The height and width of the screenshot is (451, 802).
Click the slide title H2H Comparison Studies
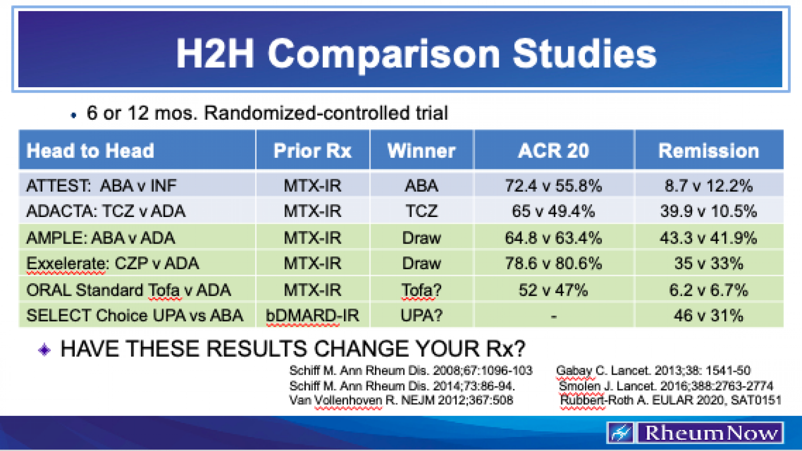pos(416,54)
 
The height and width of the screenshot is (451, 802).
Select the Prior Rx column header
pos(312,151)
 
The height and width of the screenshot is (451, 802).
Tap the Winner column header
pos(421,151)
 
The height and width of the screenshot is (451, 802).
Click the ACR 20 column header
pos(553,151)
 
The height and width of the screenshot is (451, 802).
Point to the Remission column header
pos(708,151)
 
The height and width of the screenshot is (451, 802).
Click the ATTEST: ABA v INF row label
pos(101,186)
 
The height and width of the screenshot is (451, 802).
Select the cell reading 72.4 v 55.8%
pos(553,186)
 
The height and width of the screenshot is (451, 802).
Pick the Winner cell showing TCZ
pos(421,211)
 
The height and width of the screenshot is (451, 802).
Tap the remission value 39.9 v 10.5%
pos(708,211)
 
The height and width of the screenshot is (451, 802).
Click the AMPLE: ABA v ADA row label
pos(101,238)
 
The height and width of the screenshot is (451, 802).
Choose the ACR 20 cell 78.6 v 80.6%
pos(553,263)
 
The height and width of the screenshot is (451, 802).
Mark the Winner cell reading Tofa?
pos(421,290)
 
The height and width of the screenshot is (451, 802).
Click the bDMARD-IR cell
pos(312,316)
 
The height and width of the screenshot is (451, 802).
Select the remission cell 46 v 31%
pos(708,316)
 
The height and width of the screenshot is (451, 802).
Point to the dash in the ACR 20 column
pos(553,317)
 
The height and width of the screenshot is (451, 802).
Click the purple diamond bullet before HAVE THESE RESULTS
pos(44,349)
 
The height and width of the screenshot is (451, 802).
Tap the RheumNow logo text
pos(711,432)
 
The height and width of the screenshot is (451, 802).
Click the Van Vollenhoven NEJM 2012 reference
pos(401,400)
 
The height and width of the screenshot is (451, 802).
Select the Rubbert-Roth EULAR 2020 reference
pos(670,400)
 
